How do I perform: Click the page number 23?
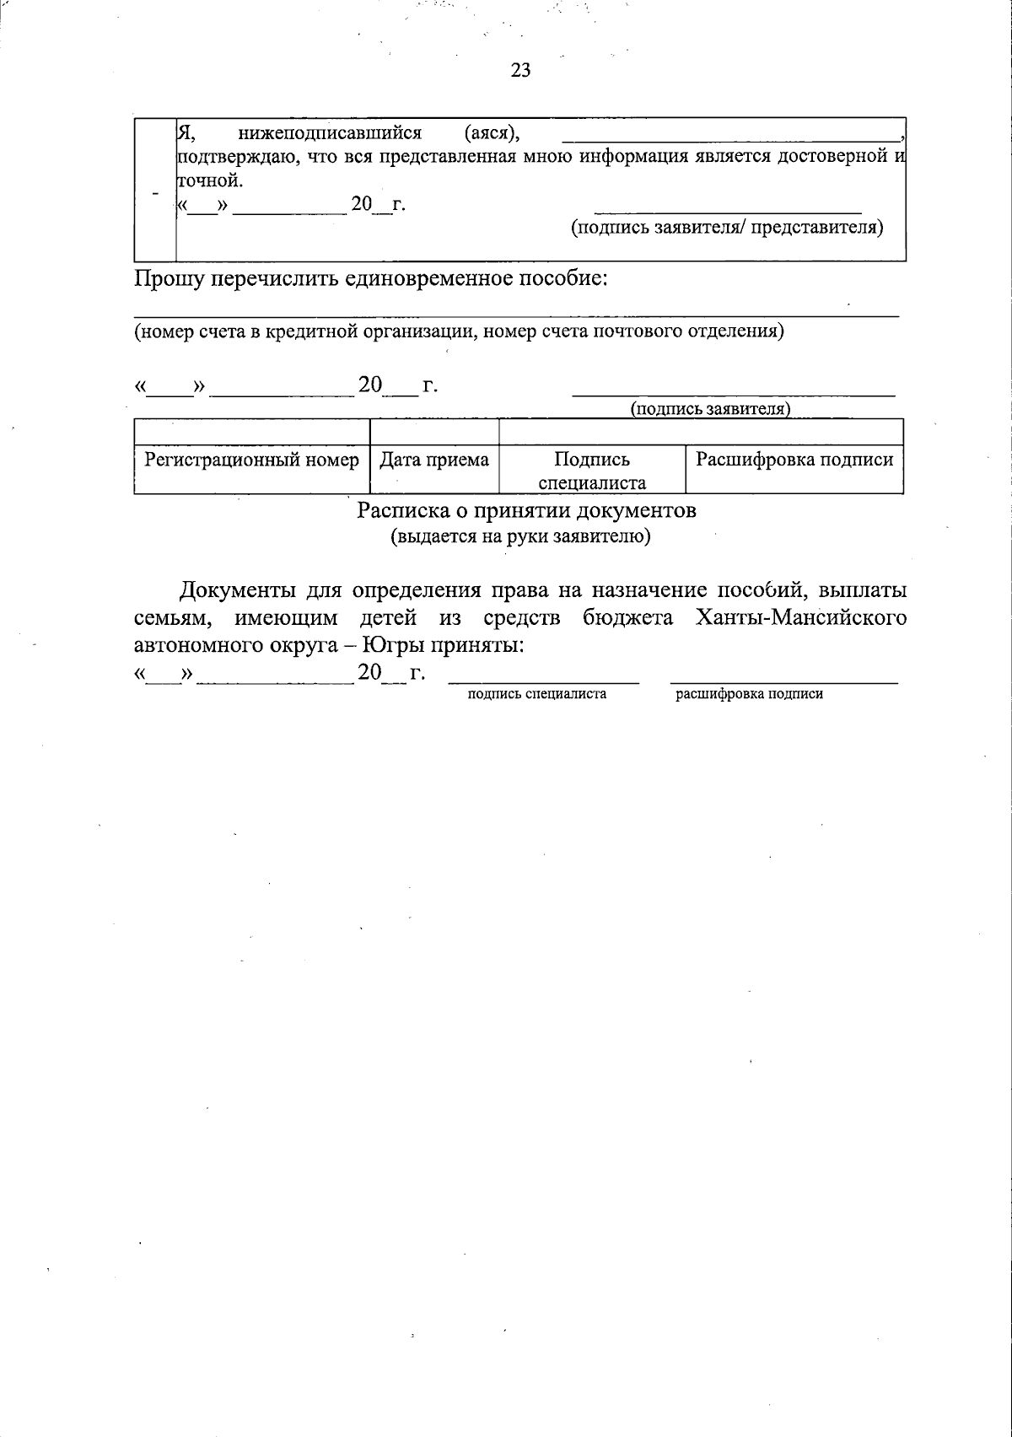click(520, 71)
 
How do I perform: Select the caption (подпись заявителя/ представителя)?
click(727, 228)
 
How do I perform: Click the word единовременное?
click(435, 279)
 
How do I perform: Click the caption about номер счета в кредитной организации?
click(460, 331)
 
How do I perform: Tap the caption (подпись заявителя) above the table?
click(710, 409)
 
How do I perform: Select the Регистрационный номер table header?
click(251, 460)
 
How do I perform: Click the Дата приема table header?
click(434, 460)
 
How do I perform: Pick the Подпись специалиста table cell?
click(592, 471)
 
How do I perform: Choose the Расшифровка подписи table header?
click(794, 460)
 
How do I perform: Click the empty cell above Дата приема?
click(434, 433)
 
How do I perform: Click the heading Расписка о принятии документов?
click(526, 511)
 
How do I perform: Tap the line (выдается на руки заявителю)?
click(519, 537)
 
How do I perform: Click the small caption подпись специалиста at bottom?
click(537, 695)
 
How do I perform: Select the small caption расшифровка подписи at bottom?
click(749, 695)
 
